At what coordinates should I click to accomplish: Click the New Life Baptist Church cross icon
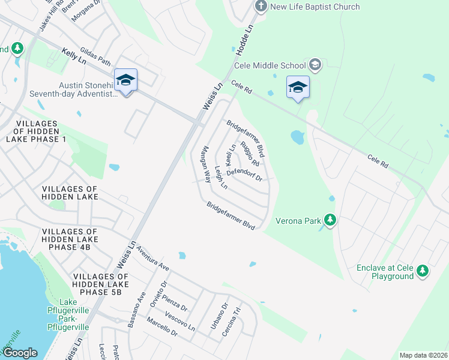tap(260, 7)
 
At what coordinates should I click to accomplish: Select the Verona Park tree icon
tap(330, 220)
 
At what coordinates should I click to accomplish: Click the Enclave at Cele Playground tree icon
tap(423, 271)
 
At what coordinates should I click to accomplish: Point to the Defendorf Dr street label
tap(244, 174)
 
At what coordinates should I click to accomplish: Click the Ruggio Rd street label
tap(250, 154)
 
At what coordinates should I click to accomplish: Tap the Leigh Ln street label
tap(221, 178)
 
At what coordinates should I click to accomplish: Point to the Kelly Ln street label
tap(74, 58)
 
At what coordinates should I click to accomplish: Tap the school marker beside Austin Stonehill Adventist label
tap(125, 80)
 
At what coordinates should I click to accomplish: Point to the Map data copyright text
tap(423, 355)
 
